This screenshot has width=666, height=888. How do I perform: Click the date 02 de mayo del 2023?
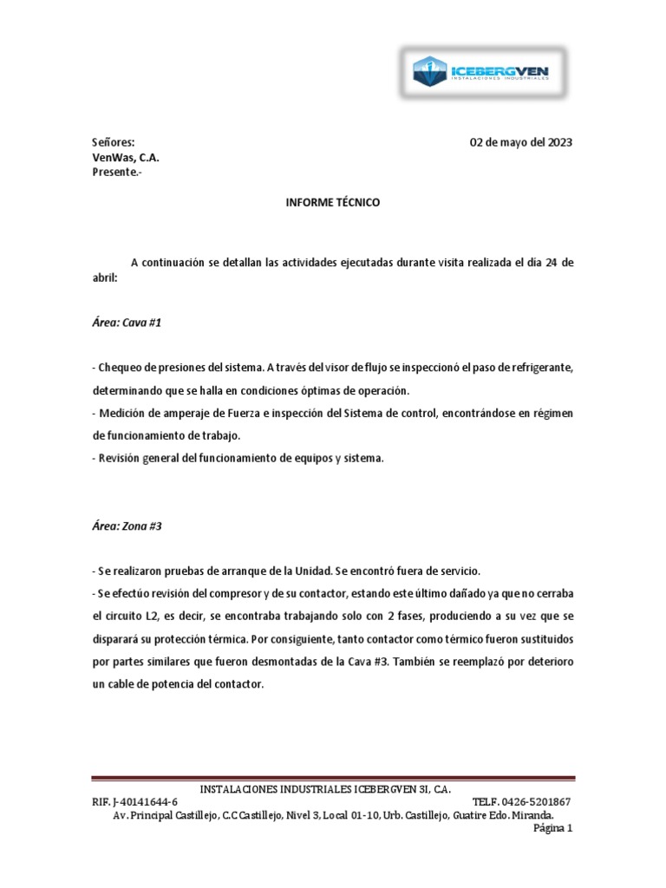520,142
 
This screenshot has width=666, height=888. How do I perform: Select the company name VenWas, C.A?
126,157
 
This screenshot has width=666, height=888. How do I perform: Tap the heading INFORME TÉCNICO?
333,202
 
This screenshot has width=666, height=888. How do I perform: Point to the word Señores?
114,142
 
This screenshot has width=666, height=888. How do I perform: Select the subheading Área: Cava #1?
127,323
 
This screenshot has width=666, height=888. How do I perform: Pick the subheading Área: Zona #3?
127,526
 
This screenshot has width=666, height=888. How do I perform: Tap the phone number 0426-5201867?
539,802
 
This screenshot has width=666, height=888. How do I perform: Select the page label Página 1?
553,829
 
